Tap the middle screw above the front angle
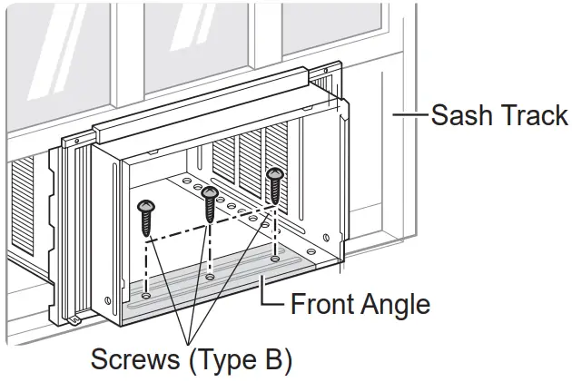pyautogui.click(x=210, y=204)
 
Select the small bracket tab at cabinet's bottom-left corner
pyautogui.click(x=76, y=318)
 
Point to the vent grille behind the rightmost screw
pyautogui.click(x=250, y=163)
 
